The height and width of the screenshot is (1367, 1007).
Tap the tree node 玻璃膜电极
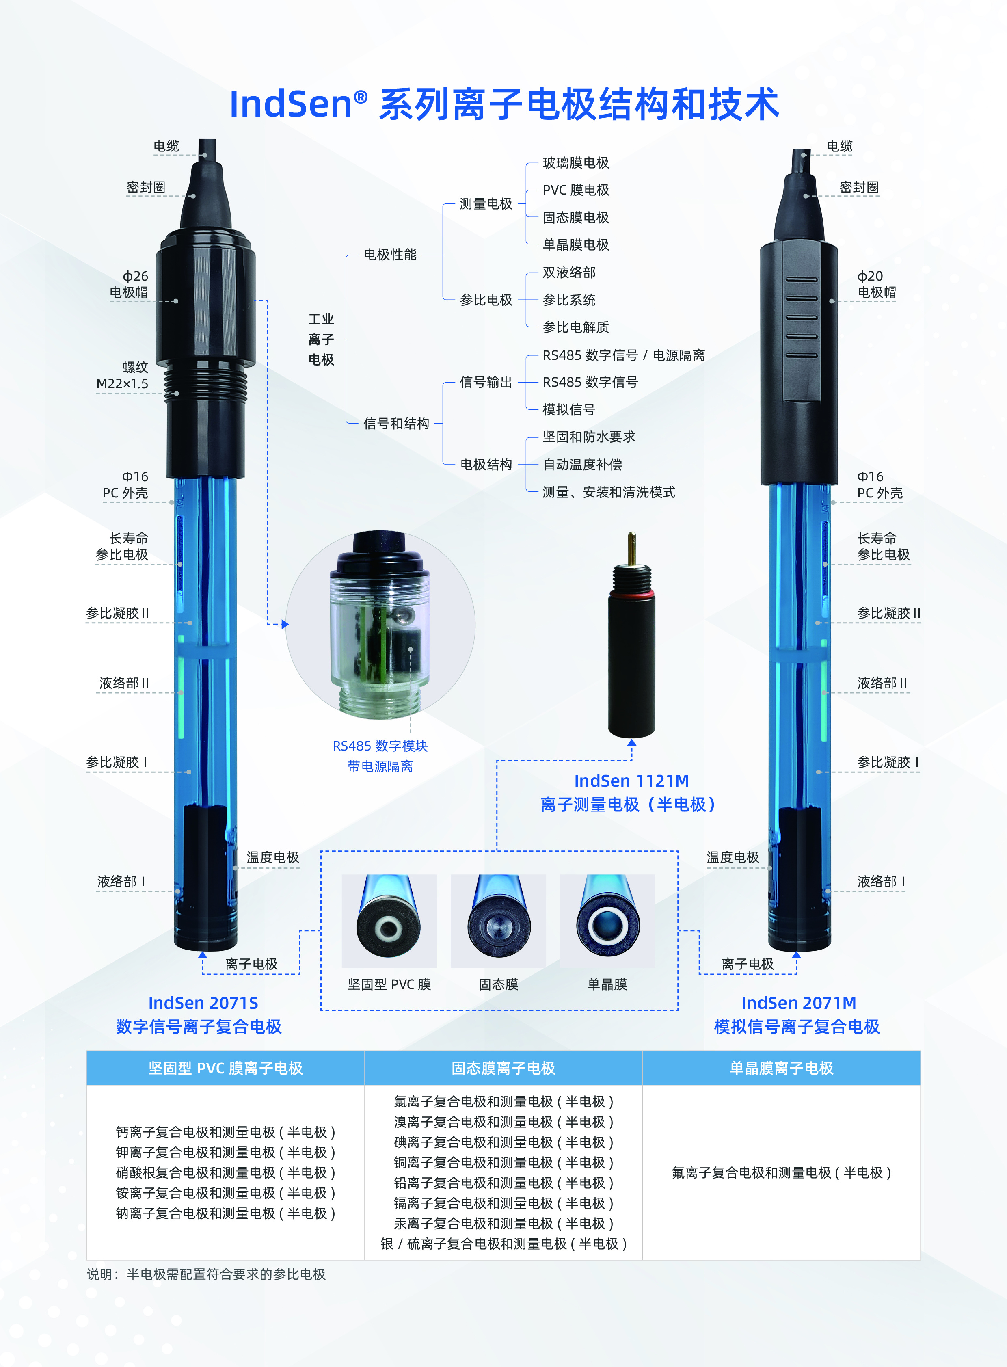(x=575, y=163)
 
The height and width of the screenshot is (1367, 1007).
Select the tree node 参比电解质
(x=575, y=327)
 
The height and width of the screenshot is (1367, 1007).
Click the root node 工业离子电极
(x=321, y=339)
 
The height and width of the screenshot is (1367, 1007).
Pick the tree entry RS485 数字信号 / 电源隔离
(x=623, y=355)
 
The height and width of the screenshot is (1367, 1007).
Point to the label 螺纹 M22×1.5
(x=123, y=376)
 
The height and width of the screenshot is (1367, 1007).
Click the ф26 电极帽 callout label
(x=129, y=284)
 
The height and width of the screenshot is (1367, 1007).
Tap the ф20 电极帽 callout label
(x=876, y=284)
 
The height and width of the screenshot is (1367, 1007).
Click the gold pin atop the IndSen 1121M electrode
(x=631, y=547)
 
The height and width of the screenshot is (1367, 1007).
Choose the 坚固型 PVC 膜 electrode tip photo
(x=389, y=921)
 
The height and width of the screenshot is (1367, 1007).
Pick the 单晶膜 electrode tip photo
(x=607, y=921)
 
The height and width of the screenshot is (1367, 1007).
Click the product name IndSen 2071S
(x=203, y=1003)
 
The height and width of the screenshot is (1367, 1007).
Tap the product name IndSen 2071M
(x=799, y=1003)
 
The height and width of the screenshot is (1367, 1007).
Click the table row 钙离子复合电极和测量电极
(x=225, y=1132)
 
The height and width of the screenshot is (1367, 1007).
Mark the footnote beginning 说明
(x=206, y=1274)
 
